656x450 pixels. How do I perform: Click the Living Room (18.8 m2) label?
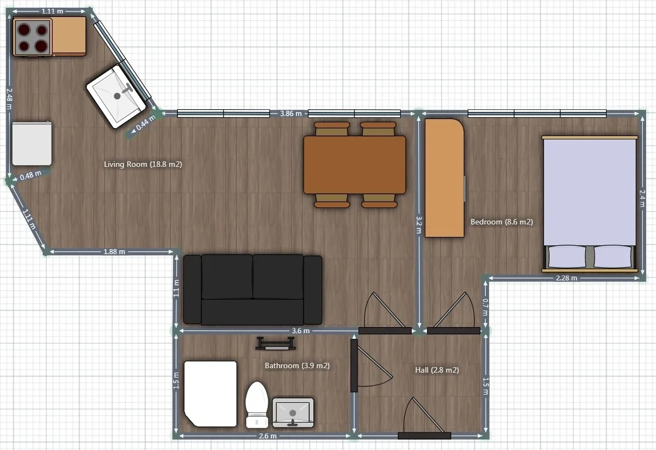tap(143, 164)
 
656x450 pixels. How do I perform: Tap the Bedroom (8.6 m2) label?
tap(502, 222)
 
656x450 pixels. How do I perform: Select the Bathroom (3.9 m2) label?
tap(297, 365)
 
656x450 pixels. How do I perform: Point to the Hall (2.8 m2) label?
tap(437, 370)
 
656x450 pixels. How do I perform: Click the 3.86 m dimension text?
tap(291, 114)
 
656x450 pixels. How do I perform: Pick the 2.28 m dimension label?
tap(567, 278)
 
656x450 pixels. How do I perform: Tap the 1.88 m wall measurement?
tap(114, 251)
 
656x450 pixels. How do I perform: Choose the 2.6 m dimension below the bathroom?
tap(268, 436)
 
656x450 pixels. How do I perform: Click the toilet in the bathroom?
tap(256, 404)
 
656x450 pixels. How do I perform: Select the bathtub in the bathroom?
tap(210, 393)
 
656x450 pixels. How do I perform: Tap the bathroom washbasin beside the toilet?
tap(293, 412)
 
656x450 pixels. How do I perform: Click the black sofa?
tap(253, 289)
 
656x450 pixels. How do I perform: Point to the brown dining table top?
tap(355, 165)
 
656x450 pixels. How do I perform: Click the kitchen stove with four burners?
tap(32, 37)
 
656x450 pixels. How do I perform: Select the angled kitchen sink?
tap(117, 96)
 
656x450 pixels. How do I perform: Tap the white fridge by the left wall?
tap(32, 143)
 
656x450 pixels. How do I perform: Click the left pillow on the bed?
tap(567, 256)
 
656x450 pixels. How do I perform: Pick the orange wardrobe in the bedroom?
tap(445, 178)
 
